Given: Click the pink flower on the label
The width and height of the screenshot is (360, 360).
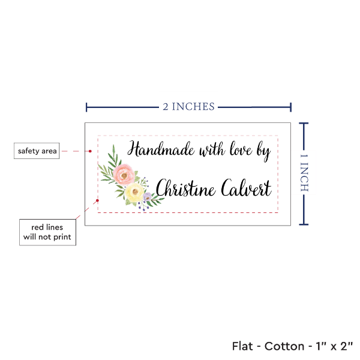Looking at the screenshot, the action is (x=124, y=174).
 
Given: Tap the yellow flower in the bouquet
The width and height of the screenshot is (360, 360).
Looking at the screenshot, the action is (x=134, y=192).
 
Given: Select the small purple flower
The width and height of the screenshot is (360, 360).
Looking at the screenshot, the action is (x=148, y=197).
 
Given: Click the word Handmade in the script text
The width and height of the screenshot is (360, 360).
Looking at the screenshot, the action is (x=161, y=149).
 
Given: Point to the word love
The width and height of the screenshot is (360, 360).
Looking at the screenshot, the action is (x=241, y=149).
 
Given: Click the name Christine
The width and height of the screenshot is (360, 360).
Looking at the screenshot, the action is (x=185, y=188).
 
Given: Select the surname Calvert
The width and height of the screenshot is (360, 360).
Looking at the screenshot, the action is (x=247, y=188).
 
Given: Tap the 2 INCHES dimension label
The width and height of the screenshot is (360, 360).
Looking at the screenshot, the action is (x=189, y=107).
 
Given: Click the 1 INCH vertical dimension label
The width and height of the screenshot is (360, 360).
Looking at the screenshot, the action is (x=304, y=173).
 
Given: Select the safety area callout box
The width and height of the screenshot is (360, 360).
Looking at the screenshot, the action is (x=37, y=151).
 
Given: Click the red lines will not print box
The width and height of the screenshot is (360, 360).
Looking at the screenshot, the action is (x=47, y=232).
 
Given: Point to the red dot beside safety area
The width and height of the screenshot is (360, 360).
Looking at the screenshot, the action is (x=90, y=151).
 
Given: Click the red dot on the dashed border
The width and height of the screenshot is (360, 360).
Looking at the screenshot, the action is (x=97, y=200).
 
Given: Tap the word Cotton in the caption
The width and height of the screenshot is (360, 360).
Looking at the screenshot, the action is (x=284, y=346).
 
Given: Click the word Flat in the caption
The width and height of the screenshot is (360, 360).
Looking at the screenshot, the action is (x=242, y=346).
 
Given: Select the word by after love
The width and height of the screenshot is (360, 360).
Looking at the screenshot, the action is (x=263, y=152).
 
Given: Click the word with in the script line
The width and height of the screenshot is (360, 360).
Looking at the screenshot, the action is (x=212, y=150).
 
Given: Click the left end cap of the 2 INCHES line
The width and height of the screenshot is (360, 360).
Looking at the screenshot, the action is (x=86, y=107).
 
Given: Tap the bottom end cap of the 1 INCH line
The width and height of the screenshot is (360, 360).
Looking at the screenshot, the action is (x=304, y=224).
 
